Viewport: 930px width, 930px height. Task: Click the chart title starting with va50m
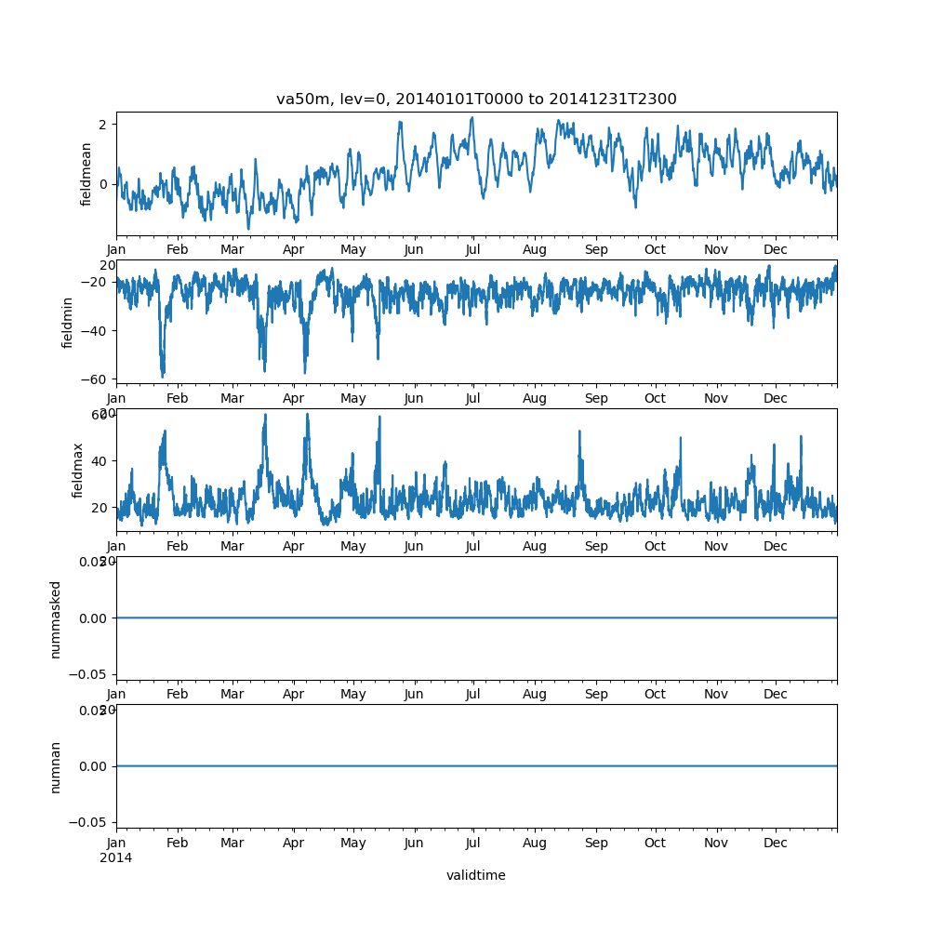pos(476,99)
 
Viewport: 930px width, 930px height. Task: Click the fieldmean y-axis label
pos(86,174)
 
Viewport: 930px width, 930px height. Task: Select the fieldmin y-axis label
pos(68,322)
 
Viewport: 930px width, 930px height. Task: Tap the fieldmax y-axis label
pos(79,470)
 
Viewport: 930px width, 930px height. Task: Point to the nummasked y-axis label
pos(56,618)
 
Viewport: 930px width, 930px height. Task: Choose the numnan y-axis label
pos(56,766)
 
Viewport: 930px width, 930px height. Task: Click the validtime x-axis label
pos(475,875)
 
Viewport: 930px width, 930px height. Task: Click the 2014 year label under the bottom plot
pos(115,857)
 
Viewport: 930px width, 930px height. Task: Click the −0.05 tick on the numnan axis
pos(92,822)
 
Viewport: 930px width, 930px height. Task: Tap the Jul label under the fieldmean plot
pos(473,249)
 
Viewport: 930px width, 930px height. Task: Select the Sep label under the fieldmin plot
pos(596,398)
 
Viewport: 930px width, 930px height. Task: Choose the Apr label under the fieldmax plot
pos(294,546)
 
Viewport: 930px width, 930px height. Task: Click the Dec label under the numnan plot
pos(776,843)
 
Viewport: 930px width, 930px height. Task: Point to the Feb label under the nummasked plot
pos(177,695)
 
